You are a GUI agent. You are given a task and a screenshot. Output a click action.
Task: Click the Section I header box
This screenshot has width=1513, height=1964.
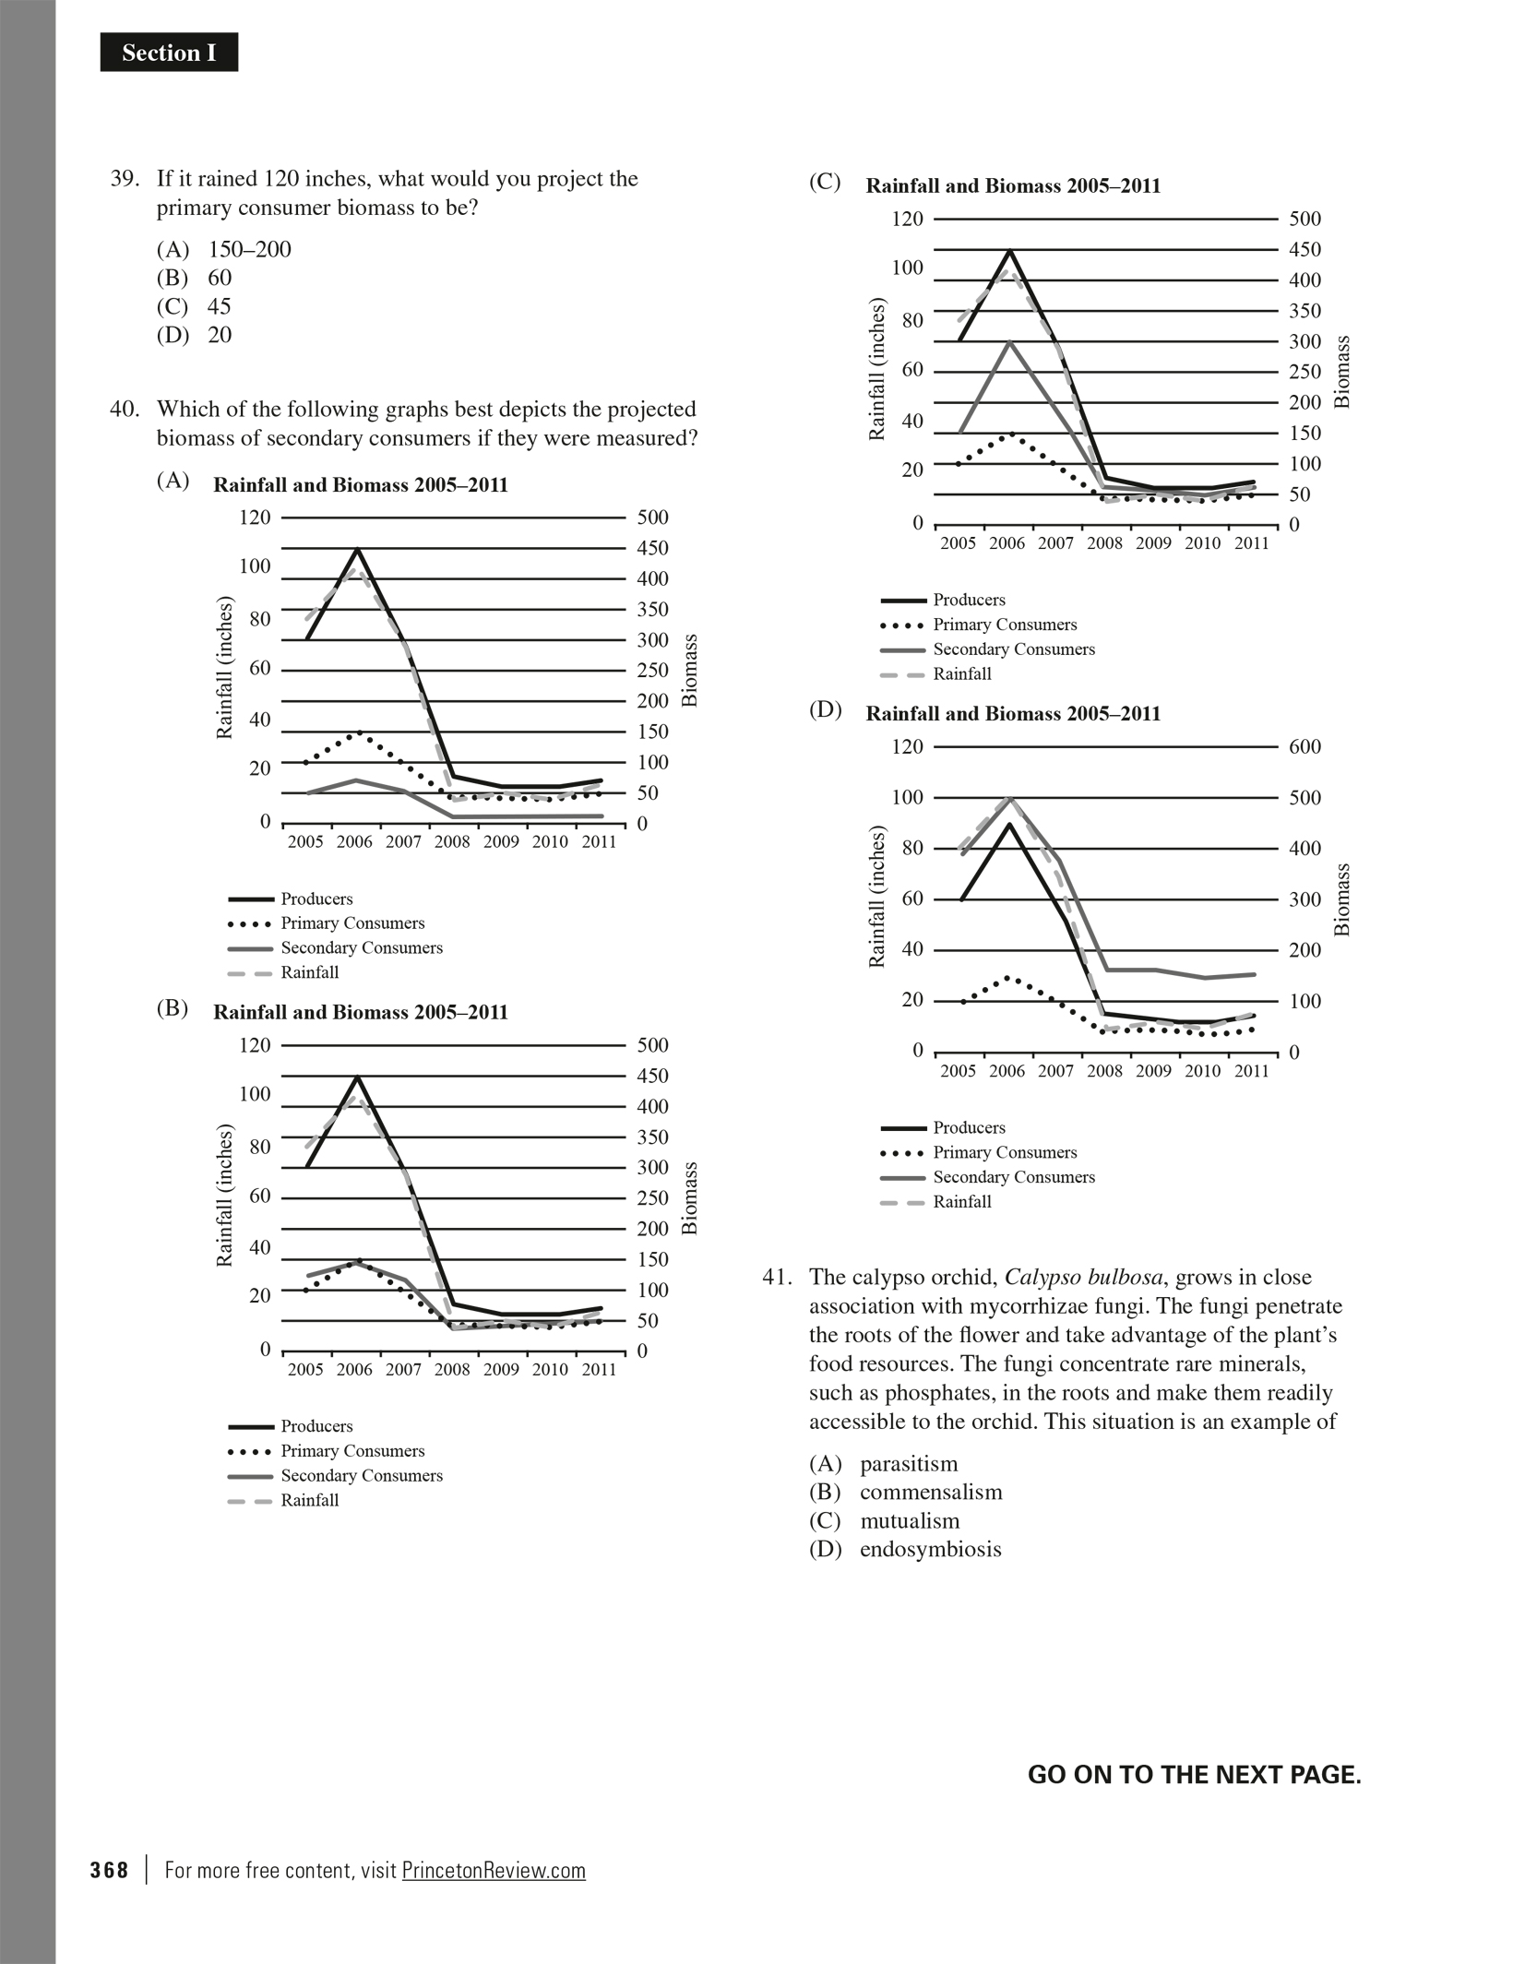pyautogui.click(x=169, y=54)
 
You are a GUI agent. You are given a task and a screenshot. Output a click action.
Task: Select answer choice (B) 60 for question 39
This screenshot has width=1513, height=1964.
pyautogui.click(x=195, y=278)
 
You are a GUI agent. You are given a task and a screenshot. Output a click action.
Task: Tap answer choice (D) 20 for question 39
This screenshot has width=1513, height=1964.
pyautogui.click(x=195, y=335)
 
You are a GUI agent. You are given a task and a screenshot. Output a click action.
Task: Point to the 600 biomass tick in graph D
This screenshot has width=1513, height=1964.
pyautogui.click(x=1305, y=746)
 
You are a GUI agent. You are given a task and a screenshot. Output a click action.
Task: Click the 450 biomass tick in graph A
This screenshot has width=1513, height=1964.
pyautogui.click(x=652, y=548)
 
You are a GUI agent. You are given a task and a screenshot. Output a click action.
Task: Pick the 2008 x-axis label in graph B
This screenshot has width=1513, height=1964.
pyautogui.click(x=452, y=1370)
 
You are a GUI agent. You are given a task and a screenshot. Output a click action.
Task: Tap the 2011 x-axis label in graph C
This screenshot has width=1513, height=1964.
pyautogui.click(x=1251, y=543)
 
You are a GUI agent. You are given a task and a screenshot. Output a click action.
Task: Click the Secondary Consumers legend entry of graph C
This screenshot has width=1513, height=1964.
pyautogui.click(x=1013, y=649)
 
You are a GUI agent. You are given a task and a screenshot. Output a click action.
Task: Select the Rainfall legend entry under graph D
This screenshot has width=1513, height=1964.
pyautogui.click(x=961, y=1202)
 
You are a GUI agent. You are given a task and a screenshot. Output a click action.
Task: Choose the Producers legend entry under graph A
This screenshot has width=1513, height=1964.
pyautogui.click(x=316, y=899)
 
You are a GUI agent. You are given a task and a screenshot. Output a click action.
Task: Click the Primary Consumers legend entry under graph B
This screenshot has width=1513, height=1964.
pyautogui.click(x=352, y=1451)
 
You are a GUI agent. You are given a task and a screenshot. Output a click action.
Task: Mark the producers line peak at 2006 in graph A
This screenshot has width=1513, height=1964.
pyautogui.click(x=356, y=550)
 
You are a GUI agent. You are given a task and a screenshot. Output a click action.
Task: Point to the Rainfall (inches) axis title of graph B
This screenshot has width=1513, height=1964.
pyautogui.click(x=224, y=1195)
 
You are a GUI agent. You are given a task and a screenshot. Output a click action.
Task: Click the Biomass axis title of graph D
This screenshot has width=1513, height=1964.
pyautogui.click(x=1342, y=899)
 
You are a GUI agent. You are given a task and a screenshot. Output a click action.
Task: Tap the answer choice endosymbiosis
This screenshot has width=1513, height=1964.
pyautogui.click(x=930, y=1550)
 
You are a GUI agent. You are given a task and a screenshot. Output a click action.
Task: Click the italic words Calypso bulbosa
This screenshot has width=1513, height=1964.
pyautogui.click(x=1084, y=1278)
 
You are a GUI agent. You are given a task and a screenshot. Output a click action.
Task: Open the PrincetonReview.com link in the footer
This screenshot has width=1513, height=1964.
pyautogui.click(x=494, y=1871)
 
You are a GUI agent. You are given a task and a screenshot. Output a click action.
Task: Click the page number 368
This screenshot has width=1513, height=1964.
pyautogui.click(x=109, y=1871)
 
